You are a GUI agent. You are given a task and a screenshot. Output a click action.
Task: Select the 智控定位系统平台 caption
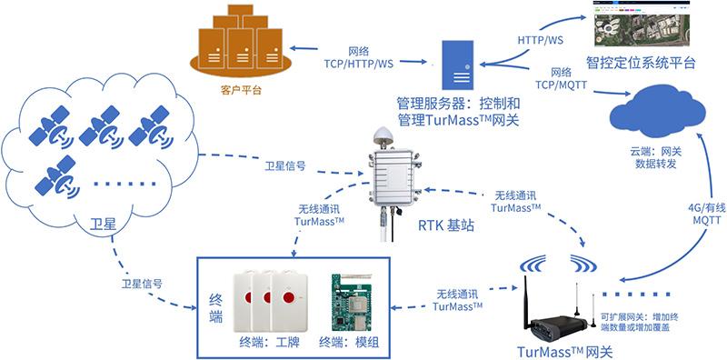click(641, 64)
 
